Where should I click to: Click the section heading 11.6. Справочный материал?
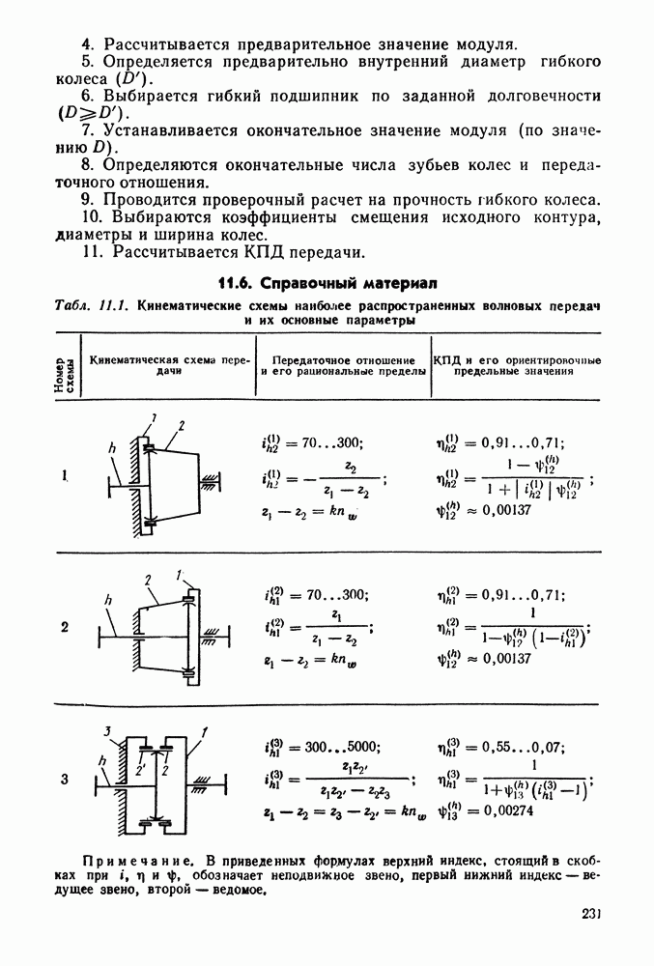[327, 283]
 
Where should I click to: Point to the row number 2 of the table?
[65, 627]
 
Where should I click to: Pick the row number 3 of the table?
[65, 779]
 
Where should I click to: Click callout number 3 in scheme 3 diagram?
[110, 729]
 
